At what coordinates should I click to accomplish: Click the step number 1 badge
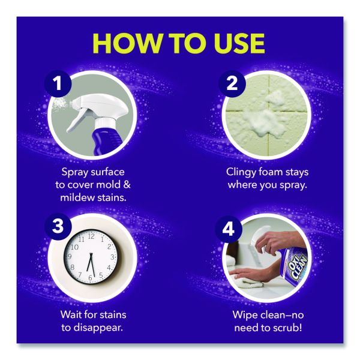click(58, 83)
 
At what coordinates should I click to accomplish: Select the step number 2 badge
click(232, 83)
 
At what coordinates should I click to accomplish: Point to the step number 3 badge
click(58, 226)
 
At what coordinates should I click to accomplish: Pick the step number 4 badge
click(229, 229)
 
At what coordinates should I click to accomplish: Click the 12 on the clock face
click(91, 236)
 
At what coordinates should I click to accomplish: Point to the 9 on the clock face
click(70, 256)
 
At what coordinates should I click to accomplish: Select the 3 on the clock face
click(113, 257)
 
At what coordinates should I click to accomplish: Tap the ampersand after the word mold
click(127, 185)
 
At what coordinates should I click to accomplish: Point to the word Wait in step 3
click(71, 314)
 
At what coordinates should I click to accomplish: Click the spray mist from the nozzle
click(59, 104)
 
